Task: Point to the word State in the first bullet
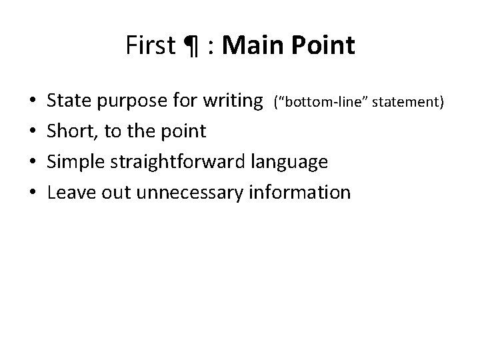coord(69,101)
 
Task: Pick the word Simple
coord(75,163)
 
